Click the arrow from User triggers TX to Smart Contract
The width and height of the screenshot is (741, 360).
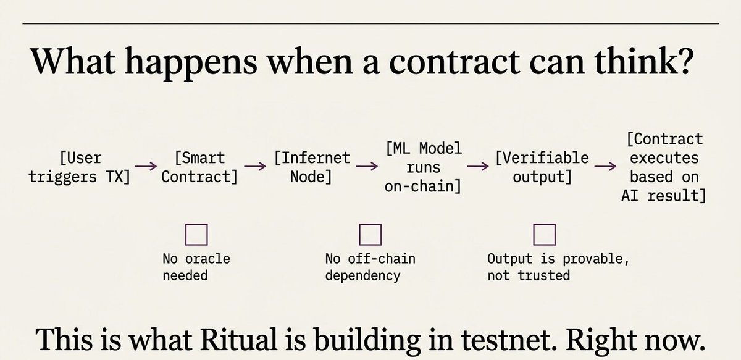pyautogui.click(x=146, y=167)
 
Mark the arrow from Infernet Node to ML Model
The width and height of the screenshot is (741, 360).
pyautogui.click(x=366, y=167)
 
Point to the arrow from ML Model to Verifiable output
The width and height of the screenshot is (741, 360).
pyautogui.click(x=477, y=167)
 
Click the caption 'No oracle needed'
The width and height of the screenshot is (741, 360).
pyautogui.click(x=196, y=267)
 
